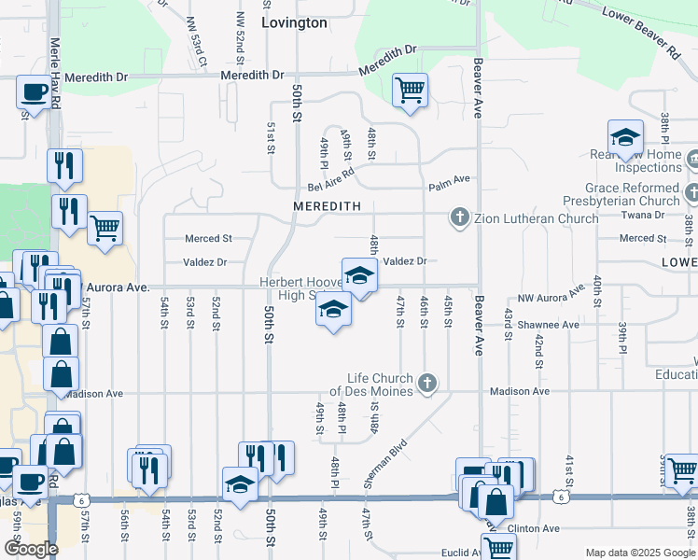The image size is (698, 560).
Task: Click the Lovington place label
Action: coord(294,22)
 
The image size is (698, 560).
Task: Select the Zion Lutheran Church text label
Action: coord(536,219)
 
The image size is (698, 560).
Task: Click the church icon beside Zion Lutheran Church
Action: coord(459,218)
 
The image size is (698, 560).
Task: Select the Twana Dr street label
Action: coord(646,214)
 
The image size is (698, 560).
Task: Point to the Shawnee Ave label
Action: coord(550,325)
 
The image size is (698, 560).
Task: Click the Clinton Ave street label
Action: coord(535,528)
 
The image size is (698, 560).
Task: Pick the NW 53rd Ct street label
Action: coord(196,42)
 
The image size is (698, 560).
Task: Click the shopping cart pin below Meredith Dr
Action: coord(410,91)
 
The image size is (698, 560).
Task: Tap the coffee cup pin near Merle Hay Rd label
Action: coord(34,92)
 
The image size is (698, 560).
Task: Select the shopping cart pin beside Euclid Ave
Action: coord(498,549)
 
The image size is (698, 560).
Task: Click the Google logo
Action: coord(30,549)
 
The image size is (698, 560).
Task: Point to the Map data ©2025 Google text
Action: coord(640,552)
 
